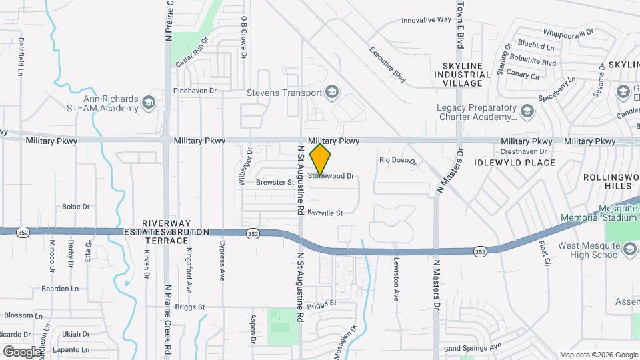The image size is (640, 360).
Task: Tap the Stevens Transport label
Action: pos(285,93)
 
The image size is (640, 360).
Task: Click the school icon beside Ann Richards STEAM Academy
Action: pos(148,102)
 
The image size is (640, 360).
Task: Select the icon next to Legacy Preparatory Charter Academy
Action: pos(527,110)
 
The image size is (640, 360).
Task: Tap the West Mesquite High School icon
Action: pos(630,250)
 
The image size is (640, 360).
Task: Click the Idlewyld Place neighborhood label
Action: pos(514,163)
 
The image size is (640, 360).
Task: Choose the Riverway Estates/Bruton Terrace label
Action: pos(167,227)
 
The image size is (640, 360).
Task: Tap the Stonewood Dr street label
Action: pos(331,176)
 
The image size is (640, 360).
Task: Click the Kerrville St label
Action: pos(325,213)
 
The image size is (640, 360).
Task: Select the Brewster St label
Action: pos(275,182)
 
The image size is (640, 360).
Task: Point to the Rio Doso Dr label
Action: pos(397,161)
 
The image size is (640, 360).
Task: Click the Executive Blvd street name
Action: pos(387,64)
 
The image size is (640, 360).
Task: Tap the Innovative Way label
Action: pos(427,21)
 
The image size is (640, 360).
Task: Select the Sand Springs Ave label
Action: pos(473,347)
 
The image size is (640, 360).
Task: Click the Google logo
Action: pos(22,351)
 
